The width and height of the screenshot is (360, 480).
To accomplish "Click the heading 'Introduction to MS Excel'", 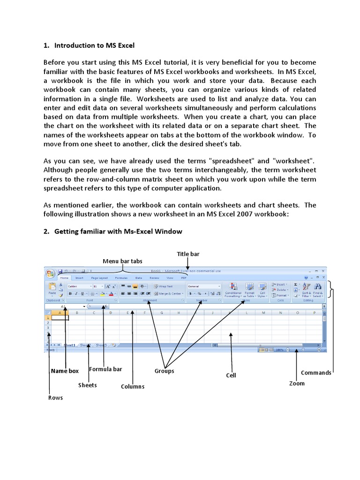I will (x=94, y=45).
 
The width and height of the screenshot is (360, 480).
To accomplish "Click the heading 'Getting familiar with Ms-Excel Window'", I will (x=118, y=231).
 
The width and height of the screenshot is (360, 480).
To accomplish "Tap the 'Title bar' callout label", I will (x=188, y=254).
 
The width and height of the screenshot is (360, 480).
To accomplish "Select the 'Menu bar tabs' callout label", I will (x=122, y=261).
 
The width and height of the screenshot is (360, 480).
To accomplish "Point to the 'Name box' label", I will (x=65, y=371).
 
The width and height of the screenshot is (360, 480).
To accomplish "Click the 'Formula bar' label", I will (x=105, y=369).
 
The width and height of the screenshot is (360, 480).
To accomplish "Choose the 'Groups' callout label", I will (x=164, y=371).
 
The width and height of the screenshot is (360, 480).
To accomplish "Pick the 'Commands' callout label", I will (x=316, y=373).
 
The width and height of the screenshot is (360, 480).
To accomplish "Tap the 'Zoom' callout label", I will (x=297, y=383).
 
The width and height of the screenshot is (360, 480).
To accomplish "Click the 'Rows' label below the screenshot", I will (x=55, y=397).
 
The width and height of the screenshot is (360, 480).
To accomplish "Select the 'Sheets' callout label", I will (x=88, y=385).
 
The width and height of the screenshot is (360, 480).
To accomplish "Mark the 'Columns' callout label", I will (x=133, y=386).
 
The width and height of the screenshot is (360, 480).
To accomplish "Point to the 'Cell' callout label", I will (x=231, y=375).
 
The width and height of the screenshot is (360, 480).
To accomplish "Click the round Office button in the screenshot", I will (x=50, y=273).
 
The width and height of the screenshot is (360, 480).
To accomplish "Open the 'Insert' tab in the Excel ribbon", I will (x=79, y=278).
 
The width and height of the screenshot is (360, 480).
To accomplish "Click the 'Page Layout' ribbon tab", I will (x=99, y=278).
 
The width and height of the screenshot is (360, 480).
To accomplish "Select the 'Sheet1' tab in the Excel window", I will (x=69, y=345).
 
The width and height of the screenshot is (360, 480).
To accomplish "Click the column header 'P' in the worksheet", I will (x=314, y=312).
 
